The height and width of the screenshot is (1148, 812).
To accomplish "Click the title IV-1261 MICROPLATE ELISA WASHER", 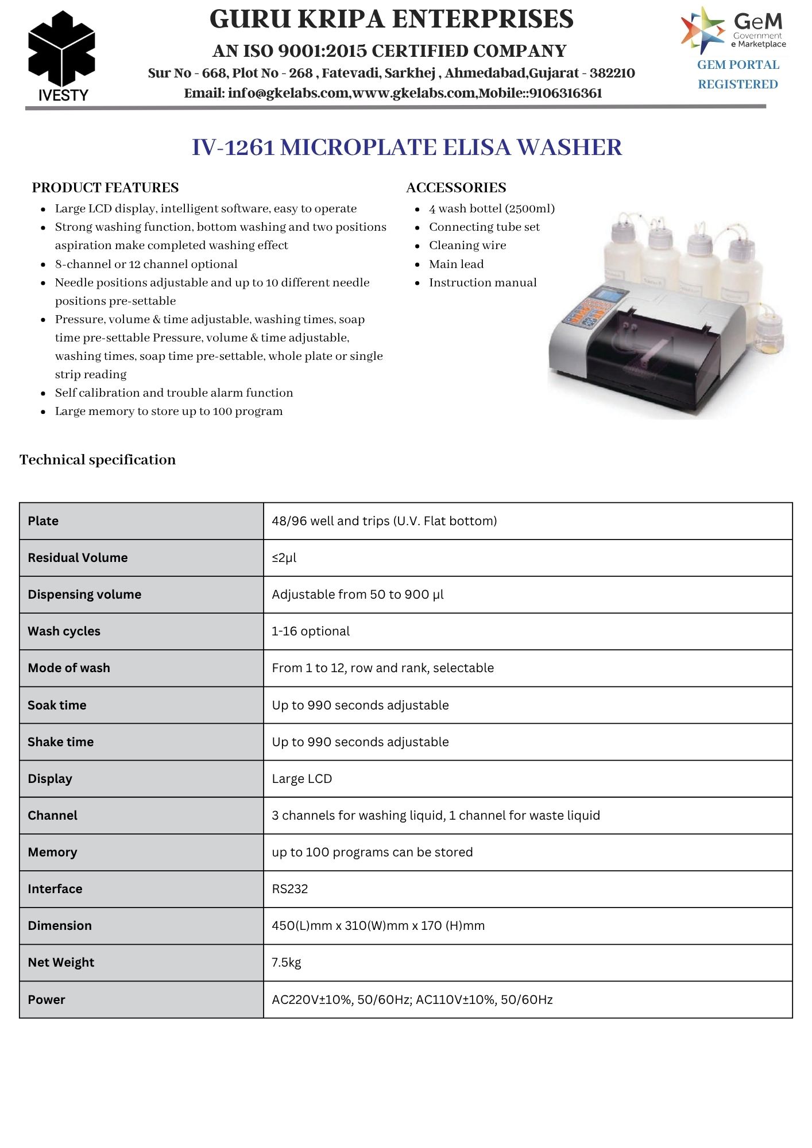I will pos(407,148).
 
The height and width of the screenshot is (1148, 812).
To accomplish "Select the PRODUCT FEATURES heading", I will pos(105,188).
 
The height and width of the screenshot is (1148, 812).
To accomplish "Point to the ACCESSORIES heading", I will pos(456,188).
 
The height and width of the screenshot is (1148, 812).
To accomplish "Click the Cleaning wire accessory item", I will pos(467,246).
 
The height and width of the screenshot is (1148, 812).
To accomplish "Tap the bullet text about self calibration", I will pos(174,393).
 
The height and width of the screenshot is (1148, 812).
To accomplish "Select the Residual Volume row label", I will pos(78,558).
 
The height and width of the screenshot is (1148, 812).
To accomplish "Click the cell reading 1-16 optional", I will pos(311,631).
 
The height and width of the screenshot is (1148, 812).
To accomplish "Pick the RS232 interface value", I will pos(290,889).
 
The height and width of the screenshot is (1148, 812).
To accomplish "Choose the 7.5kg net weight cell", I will pos(287,963).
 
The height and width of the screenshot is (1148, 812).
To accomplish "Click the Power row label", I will pos(47,1000).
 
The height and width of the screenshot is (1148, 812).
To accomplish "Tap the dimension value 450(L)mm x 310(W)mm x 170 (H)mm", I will pos(378,926).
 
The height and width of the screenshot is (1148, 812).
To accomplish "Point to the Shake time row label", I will pos(60,742).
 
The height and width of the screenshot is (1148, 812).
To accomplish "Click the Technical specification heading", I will pos(98,460).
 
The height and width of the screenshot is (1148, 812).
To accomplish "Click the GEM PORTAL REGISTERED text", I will pos(738,75).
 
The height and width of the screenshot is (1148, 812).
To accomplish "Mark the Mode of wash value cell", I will pos(382,668).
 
